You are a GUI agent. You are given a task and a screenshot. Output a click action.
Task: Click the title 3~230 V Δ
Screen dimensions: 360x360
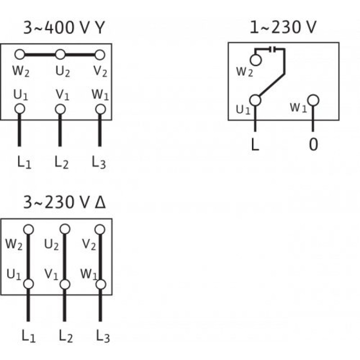(x=64, y=203)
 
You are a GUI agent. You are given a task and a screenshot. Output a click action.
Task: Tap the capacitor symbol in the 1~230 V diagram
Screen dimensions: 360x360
(x=272, y=49)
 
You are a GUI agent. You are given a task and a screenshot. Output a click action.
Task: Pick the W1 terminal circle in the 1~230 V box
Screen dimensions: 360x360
(x=313, y=100)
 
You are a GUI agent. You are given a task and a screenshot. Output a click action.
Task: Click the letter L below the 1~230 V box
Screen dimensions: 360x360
(x=255, y=145)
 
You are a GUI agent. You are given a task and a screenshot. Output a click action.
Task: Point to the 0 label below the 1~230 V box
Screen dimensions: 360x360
(x=313, y=145)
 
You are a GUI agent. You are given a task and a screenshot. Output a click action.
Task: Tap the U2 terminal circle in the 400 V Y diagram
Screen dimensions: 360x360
(x=60, y=55)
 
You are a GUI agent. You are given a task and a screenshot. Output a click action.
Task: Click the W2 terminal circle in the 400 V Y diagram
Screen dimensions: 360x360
(x=20, y=55)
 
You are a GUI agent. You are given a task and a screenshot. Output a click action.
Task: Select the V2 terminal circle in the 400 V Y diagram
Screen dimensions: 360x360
(x=100, y=55)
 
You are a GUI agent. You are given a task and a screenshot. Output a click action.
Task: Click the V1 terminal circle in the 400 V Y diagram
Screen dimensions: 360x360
(x=60, y=109)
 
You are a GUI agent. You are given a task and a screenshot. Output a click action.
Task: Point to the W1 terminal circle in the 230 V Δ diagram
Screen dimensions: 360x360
(x=100, y=284)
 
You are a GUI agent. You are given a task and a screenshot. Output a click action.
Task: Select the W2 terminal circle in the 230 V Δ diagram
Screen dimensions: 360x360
(x=29, y=229)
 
